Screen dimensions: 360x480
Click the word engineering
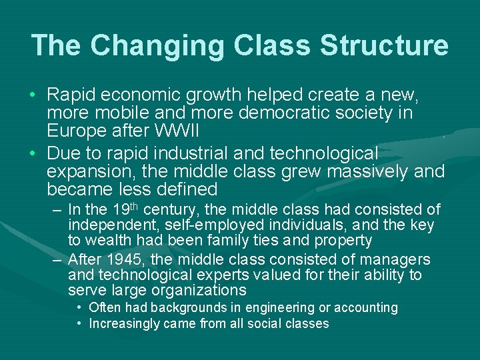tap(281, 308)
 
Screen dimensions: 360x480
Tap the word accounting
tap(365, 308)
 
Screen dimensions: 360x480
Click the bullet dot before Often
tap(79, 307)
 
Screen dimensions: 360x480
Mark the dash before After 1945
tap(57, 259)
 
